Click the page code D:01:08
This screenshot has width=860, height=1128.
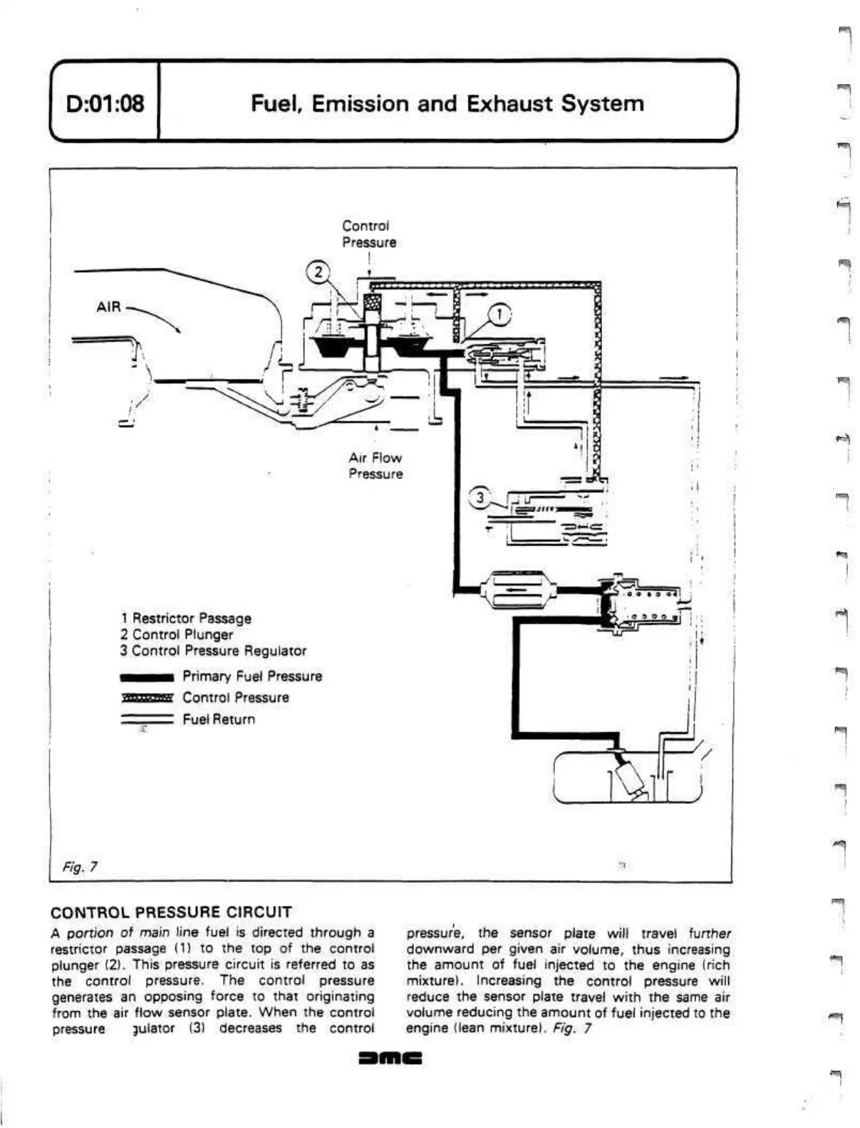pos(104,105)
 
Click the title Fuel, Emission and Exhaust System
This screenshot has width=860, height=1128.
pos(447,104)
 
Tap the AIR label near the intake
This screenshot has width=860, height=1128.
pos(108,307)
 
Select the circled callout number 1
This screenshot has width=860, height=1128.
pos(501,314)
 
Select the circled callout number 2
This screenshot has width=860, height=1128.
pos(318,271)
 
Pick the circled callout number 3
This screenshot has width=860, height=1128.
pos(480,497)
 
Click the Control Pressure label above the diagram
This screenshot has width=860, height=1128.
pos(369,234)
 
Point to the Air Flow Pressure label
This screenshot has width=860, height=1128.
pos(375,466)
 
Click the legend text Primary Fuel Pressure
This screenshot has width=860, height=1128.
pos(252,676)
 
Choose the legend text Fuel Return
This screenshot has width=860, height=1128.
pos(219,719)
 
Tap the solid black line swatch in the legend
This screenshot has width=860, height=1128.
pos(147,677)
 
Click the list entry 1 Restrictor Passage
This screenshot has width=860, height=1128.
pos(186,618)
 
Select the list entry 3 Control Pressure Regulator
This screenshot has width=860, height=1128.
pos(213,650)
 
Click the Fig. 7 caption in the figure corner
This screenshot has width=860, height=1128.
pos(80,867)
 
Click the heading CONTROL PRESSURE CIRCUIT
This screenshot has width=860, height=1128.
pos(172,912)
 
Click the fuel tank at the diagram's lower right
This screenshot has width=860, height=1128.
pos(627,778)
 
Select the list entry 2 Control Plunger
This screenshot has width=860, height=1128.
pos(177,634)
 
